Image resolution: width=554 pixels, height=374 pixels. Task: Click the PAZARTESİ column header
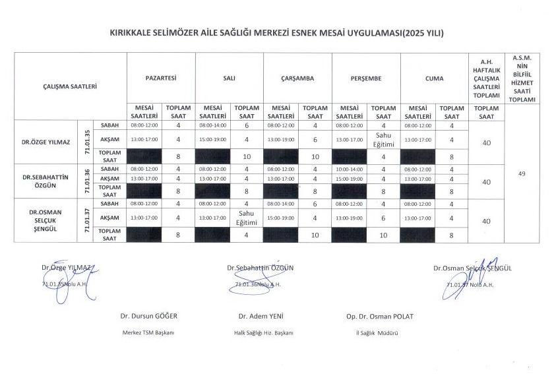tap(161, 78)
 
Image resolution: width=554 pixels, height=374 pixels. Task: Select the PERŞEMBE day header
tap(366, 78)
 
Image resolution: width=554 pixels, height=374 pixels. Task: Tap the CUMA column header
tap(434, 78)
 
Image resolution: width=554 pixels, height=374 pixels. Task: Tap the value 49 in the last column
tap(522, 173)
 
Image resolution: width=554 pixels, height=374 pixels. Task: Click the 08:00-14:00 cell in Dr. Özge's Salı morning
tap(212, 125)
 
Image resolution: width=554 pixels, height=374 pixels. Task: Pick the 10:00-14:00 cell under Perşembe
tap(349, 169)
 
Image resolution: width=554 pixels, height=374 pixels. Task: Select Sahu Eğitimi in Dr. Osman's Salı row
tap(247, 217)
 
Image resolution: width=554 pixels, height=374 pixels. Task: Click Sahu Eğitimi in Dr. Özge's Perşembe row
tap(383, 139)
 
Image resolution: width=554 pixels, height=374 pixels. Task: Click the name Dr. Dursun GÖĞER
tap(148, 317)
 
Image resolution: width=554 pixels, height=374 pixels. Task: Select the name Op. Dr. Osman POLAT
tap(379, 317)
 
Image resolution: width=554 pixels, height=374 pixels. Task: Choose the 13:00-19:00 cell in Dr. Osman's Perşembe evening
tap(349, 217)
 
